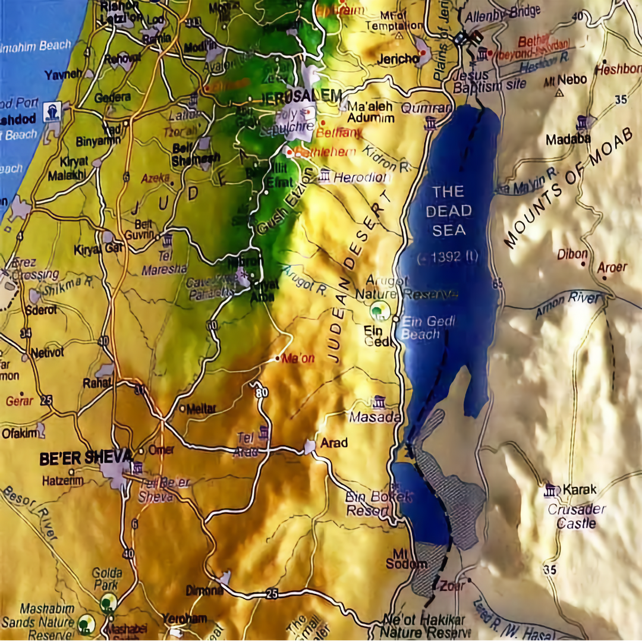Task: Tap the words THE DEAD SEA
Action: [x=449, y=210]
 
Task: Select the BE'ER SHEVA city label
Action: [x=86, y=458]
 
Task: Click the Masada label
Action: [x=374, y=417]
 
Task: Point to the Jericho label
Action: [x=398, y=59]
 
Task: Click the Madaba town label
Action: [x=568, y=139]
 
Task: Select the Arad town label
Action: [x=334, y=443]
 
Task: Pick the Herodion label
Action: [x=361, y=177]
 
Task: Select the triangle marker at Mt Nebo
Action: [x=559, y=92]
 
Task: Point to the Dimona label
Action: [x=203, y=591]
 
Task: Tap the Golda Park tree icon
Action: [x=108, y=602]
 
